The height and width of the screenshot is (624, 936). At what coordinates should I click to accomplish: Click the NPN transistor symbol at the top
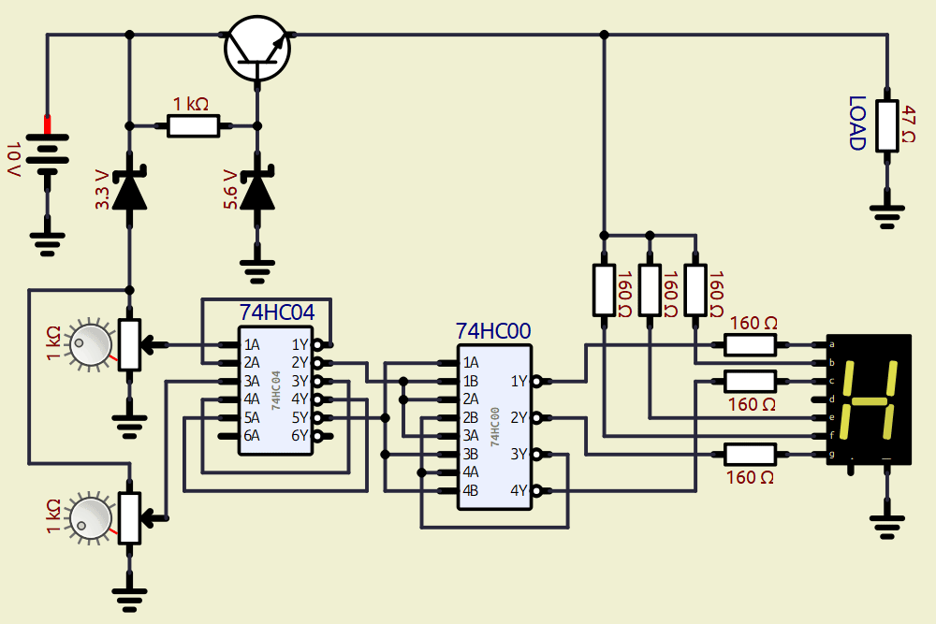pyautogui.click(x=258, y=49)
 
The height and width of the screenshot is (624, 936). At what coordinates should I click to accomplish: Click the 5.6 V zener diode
pyautogui.click(x=257, y=188)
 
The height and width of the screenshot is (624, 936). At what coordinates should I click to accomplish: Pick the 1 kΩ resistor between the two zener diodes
pyautogui.click(x=193, y=124)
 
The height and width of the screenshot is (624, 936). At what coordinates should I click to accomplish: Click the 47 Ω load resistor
pyautogui.click(x=885, y=125)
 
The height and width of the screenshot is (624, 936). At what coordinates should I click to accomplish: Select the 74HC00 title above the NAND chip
pyautogui.click(x=492, y=331)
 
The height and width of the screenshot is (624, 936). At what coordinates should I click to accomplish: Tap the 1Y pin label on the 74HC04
pyautogui.click(x=300, y=344)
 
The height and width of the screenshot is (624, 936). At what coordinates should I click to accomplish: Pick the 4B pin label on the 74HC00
pyautogui.click(x=471, y=490)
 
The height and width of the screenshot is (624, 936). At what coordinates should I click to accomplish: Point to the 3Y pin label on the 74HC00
pyautogui.click(x=519, y=454)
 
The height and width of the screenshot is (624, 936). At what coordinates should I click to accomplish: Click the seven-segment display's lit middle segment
pyautogui.click(x=870, y=402)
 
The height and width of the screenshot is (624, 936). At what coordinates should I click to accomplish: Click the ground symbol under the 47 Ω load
pyautogui.click(x=885, y=214)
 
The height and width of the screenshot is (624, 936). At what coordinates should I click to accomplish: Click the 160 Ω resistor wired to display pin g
pyautogui.click(x=751, y=455)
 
